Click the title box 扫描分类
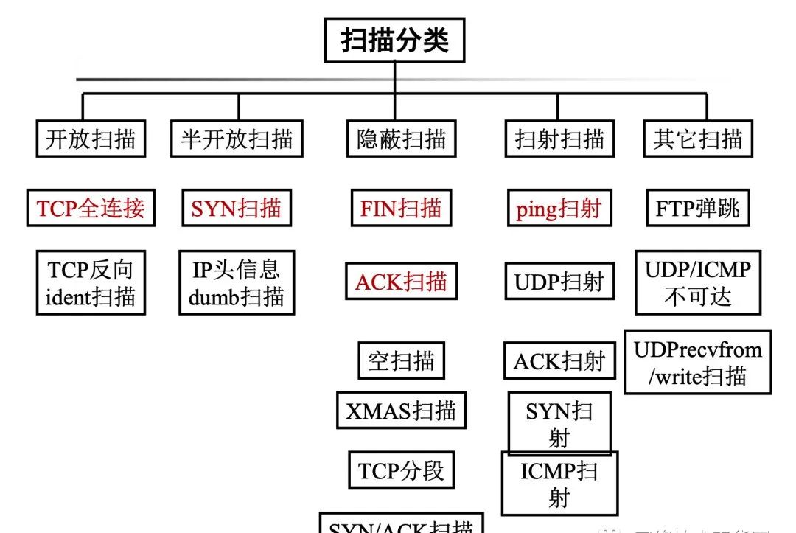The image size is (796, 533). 394,41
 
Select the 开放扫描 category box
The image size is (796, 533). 91,139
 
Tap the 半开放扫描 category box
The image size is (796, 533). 237,139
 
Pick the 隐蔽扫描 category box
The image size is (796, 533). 402,139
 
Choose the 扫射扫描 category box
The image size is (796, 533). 559,139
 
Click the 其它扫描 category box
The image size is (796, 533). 697,139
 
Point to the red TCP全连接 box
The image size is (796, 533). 91,209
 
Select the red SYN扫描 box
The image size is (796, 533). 236,209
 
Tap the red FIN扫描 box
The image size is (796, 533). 401,209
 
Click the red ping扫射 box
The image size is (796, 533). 559,209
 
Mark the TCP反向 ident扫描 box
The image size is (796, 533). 91,282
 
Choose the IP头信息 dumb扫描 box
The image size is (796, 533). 237,282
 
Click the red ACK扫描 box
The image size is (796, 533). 401,282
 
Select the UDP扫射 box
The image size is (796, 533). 559,282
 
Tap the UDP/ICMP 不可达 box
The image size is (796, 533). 697,282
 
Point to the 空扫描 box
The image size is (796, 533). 401,361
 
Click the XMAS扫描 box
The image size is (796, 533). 401,410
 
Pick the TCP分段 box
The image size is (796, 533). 401,470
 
